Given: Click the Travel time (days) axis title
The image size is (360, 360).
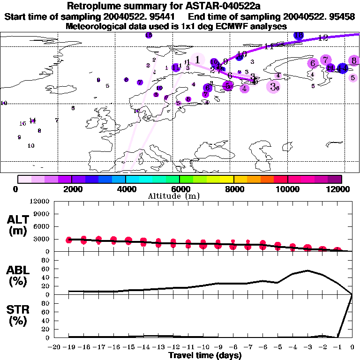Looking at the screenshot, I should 205,356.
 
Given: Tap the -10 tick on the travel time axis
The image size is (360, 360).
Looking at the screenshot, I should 203,347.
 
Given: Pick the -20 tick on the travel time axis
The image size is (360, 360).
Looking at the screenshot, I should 55,347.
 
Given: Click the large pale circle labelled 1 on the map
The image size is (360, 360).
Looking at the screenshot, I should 198,60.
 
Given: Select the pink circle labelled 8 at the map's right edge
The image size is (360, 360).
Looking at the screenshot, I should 354,60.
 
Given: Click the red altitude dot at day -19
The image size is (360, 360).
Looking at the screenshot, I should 69,240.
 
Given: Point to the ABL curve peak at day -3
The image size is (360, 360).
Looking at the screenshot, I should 307,270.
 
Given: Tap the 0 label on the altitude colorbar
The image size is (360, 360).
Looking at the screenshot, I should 16,189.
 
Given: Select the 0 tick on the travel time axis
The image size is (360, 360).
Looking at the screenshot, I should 352,347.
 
